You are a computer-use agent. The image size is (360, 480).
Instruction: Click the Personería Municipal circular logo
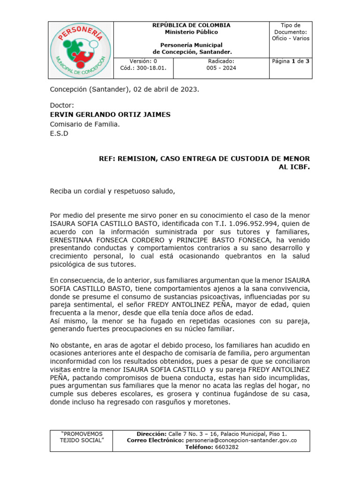pyautogui.click(x=81, y=50)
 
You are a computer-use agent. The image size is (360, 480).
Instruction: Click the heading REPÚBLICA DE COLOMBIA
pyautogui.click(x=191, y=25)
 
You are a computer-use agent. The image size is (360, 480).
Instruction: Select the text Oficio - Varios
pyautogui.click(x=291, y=38)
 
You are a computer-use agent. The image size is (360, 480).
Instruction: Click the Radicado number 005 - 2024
pyautogui.click(x=221, y=68)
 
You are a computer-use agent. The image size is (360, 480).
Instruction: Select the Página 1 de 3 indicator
pyautogui.click(x=291, y=61)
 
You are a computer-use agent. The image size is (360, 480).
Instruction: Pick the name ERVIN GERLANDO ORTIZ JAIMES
pyautogui.click(x=110, y=114)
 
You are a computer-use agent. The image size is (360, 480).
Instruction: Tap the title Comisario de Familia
pyautogui.click(x=84, y=124)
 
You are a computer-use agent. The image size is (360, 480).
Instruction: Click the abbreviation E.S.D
pyautogui.click(x=59, y=133)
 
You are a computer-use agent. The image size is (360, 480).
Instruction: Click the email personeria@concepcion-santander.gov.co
pyautogui.click(x=241, y=441)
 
